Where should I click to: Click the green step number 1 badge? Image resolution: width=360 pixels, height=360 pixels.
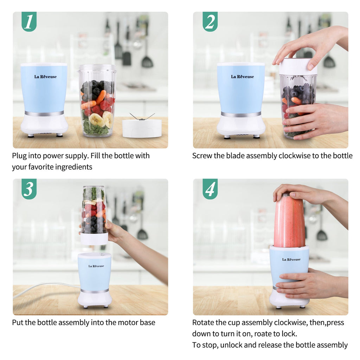[x=29, y=22]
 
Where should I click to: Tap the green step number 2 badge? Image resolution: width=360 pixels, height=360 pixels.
[x=210, y=22]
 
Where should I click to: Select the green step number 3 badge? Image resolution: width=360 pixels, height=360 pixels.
[x=29, y=189]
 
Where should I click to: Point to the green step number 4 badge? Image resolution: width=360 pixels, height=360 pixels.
[x=210, y=189]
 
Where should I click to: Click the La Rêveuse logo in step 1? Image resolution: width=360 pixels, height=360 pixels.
[x=45, y=77]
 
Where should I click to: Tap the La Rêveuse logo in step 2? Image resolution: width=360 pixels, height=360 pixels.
[x=242, y=77]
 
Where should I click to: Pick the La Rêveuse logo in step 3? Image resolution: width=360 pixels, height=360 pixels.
[x=96, y=266]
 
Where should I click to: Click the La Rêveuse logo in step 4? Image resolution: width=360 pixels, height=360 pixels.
[x=291, y=259]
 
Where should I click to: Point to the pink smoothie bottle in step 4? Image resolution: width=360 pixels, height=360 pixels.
[x=289, y=221]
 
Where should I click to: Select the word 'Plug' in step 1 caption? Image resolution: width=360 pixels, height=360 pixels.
[x=20, y=156]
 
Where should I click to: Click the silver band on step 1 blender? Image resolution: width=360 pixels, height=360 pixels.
[x=44, y=114]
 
